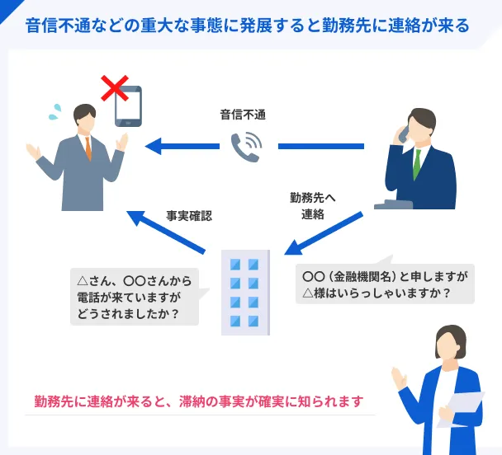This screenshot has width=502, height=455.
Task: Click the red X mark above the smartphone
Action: coord(115,88)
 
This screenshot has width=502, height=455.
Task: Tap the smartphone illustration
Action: coord(128,106)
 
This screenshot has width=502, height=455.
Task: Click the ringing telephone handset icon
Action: coord(246,148)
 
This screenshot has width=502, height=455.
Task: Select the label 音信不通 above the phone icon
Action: coord(243,115)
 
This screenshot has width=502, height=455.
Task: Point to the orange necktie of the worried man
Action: coord(88,148)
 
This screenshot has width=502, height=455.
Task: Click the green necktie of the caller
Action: coord(416,165)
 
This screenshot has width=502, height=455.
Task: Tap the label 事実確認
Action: coord(189,216)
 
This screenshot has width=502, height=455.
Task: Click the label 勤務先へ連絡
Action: coord(313,206)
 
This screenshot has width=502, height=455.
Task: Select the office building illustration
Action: coord(245,293)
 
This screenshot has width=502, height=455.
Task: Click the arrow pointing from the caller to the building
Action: coord(324,233)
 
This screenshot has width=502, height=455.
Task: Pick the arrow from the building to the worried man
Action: coord(166,232)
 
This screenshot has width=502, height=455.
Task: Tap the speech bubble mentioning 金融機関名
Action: coord(385,283)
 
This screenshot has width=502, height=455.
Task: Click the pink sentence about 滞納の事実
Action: coord(199,401)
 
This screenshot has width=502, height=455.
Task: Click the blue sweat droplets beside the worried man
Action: coord(55,112)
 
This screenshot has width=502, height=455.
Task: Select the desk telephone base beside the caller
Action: coord(393,204)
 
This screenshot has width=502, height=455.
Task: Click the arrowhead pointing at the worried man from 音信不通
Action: coord(153,146)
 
